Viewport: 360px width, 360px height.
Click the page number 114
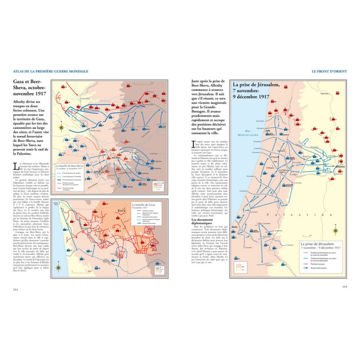click(16, 289)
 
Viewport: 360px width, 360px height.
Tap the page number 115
click(344, 287)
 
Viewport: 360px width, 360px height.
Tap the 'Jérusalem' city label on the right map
click(341, 165)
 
